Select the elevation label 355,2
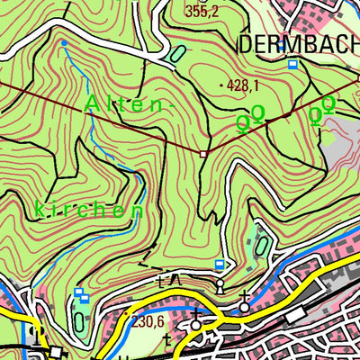(202, 12)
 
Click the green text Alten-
(126, 105)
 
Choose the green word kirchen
(89, 211)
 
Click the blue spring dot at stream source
(64, 42)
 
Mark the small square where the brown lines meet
(204, 154)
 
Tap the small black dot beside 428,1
(222, 85)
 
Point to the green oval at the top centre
(175, 54)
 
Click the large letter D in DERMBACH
(247, 44)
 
